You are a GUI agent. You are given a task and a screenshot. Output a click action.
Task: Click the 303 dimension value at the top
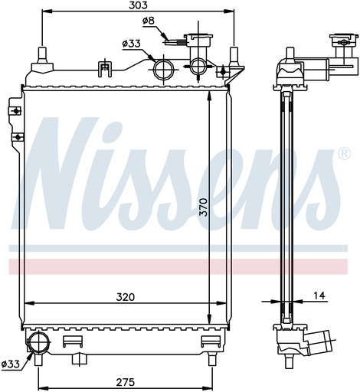click(x=138, y=5)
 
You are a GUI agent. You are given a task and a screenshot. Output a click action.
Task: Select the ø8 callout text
click(x=149, y=21)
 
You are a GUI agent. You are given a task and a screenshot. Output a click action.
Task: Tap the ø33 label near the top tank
click(x=131, y=44)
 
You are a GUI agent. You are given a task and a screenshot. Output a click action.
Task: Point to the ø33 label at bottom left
click(x=10, y=364)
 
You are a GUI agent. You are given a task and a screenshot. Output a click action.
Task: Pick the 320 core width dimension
click(x=125, y=297)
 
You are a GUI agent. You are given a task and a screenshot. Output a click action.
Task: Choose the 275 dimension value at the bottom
click(x=125, y=382)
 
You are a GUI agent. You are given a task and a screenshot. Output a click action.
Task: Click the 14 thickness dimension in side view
click(x=319, y=296)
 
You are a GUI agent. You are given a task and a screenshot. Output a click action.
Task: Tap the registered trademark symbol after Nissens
click(x=344, y=154)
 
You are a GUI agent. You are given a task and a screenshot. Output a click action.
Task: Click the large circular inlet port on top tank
click(x=163, y=69)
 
